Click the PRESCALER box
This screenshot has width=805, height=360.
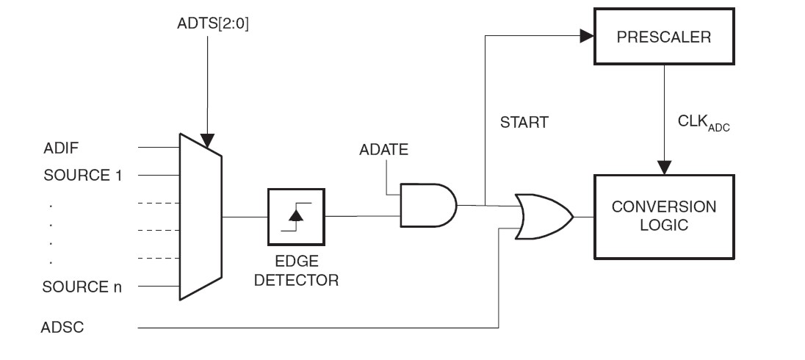coord(664,37)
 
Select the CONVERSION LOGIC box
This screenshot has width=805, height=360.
coord(664,216)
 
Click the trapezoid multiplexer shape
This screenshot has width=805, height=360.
coord(200,216)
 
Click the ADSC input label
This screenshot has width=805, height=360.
coord(62,328)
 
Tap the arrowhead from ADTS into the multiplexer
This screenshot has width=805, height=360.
coord(209,140)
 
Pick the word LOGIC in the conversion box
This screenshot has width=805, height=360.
coord(664,225)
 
